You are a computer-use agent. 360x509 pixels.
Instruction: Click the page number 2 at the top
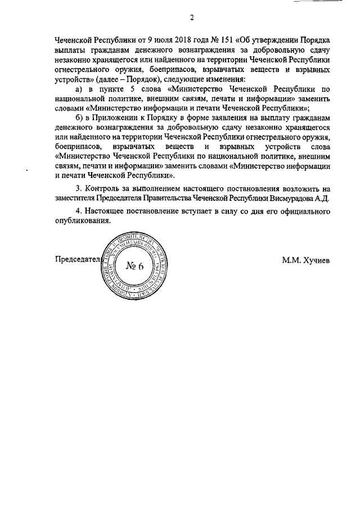(x=191, y=17)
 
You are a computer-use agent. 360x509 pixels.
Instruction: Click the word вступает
(x=191, y=212)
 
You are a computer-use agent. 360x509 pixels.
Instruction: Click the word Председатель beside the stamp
(x=77, y=260)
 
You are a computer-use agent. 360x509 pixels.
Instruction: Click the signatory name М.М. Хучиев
(x=306, y=260)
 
